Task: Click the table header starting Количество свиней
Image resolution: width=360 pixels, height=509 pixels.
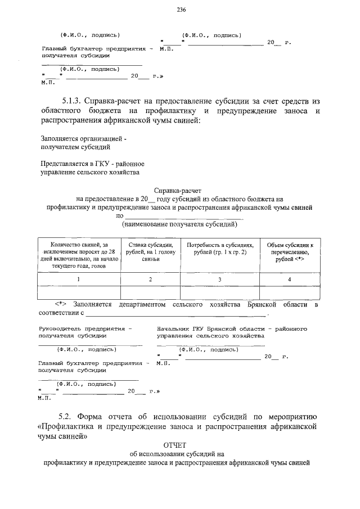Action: (x=79, y=255)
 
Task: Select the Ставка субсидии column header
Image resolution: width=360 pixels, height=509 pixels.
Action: (x=150, y=253)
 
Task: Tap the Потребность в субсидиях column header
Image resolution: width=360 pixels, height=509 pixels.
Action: (x=220, y=249)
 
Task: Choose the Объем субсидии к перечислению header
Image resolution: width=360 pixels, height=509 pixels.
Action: (x=289, y=253)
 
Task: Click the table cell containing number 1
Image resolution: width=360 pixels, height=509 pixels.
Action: (x=79, y=279)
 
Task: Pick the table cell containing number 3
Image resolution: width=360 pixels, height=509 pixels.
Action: (x=220, y=279)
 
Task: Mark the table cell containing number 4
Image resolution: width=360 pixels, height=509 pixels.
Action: (x=289, y=279)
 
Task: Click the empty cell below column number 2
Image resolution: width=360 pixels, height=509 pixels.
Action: (x=150, y=292)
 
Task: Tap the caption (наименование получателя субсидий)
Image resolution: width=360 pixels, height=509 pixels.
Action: (x=179, y=224)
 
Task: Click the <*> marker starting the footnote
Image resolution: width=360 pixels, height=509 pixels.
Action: (x=61, y=304)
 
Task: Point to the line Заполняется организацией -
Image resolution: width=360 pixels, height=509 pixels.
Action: (x=85, y=138)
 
